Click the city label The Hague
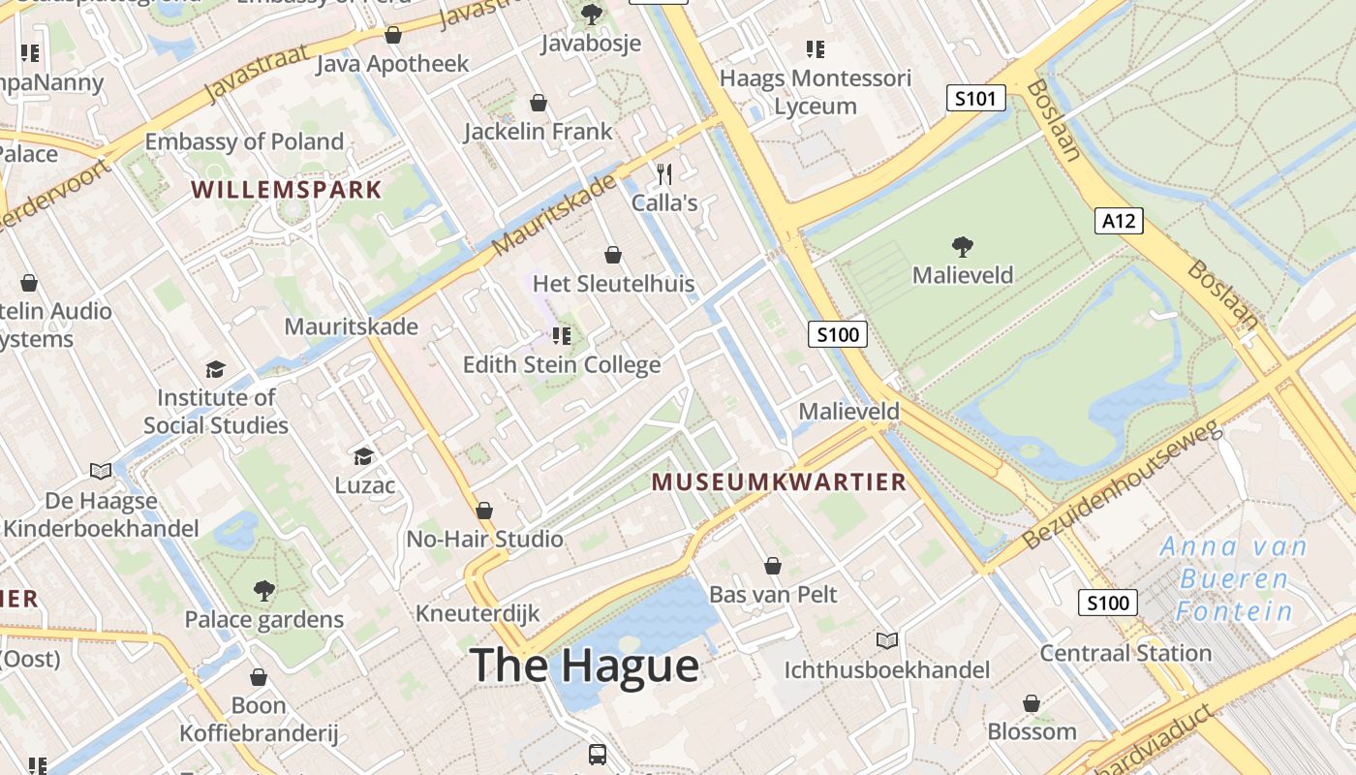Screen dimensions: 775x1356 point(584,666)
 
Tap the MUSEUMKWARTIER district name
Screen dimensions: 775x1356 point(779,481)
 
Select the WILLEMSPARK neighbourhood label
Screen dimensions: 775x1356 point(287,189)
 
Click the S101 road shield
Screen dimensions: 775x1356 point(975,98)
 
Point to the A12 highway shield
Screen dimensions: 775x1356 point(1119,221)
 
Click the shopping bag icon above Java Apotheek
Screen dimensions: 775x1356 point(393,36)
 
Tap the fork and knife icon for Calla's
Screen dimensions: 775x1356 point(664,174)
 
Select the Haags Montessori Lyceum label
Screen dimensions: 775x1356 point(816,92)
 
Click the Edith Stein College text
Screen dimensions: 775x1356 point(562,365)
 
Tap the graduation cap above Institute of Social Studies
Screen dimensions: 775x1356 point(215,370)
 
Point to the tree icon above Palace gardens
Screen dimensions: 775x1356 point(263,591)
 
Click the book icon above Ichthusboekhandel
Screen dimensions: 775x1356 point(887,641)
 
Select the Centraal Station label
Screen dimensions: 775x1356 point(1125,653)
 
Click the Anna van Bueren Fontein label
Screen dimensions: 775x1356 point(1234,579)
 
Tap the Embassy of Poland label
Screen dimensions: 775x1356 point(244,142)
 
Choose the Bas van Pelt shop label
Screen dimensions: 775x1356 point(773,594)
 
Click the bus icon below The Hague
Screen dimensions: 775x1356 point(598,754)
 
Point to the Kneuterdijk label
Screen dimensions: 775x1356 point(478,613)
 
